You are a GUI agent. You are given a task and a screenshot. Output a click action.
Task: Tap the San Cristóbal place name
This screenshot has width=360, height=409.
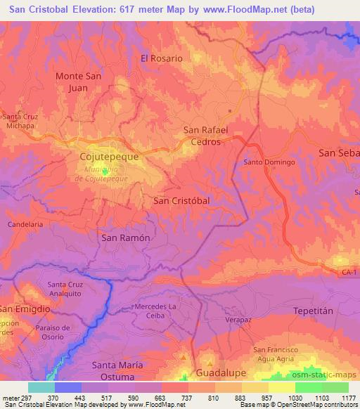click(x=181, y=200)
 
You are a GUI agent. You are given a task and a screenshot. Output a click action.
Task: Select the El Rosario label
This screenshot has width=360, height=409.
click(x=162, y=58)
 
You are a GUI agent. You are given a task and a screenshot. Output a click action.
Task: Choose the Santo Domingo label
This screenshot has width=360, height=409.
click(x=269, y=162)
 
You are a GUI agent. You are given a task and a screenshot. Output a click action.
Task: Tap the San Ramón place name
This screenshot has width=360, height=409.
click(x=127, y=238)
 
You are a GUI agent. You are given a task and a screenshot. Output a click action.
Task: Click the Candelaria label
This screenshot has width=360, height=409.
click(x=25, y=224)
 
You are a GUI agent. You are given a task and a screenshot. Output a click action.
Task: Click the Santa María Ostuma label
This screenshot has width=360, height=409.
click(x=117, y=370)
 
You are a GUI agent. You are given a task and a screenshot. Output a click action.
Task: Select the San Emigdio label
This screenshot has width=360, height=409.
click(x=25, y=309)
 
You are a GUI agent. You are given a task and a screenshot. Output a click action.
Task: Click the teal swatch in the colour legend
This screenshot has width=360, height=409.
click(x=41, y=387)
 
